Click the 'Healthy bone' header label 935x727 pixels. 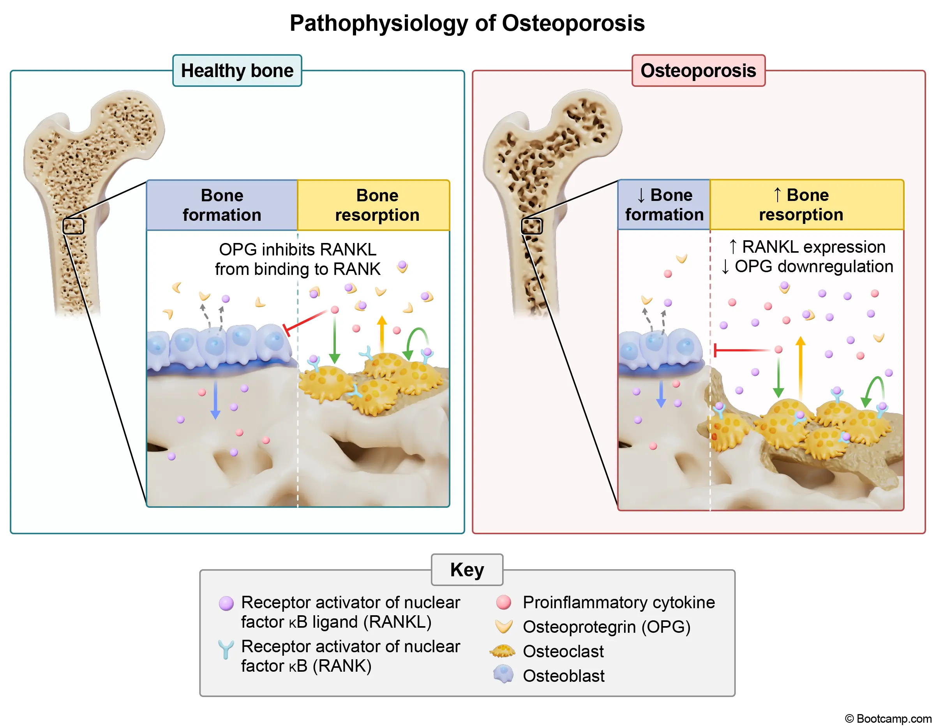click(x=237, y=70)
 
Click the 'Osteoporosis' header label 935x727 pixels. click(x=698, y=70)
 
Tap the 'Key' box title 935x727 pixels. click(x=467, y=570)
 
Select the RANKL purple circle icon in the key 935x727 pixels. click(x=226, y=603)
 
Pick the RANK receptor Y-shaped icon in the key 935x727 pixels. click(x=226, y=649)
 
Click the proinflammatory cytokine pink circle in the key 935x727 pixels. click(x=503, y=602)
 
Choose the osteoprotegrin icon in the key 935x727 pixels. click(x=503, y=627)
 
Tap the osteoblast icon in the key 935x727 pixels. click(x=503, y=674)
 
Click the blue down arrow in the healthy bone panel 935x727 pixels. click(x=215, y=400)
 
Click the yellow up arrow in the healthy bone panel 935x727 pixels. click(x=382, y=334)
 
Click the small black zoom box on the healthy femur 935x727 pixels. click(x=73, y=226)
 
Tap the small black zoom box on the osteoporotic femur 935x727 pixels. click(x=531, y=226)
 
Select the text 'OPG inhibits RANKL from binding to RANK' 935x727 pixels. click(x=298, y=259)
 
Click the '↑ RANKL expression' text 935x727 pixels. click(x=807, y=247)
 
